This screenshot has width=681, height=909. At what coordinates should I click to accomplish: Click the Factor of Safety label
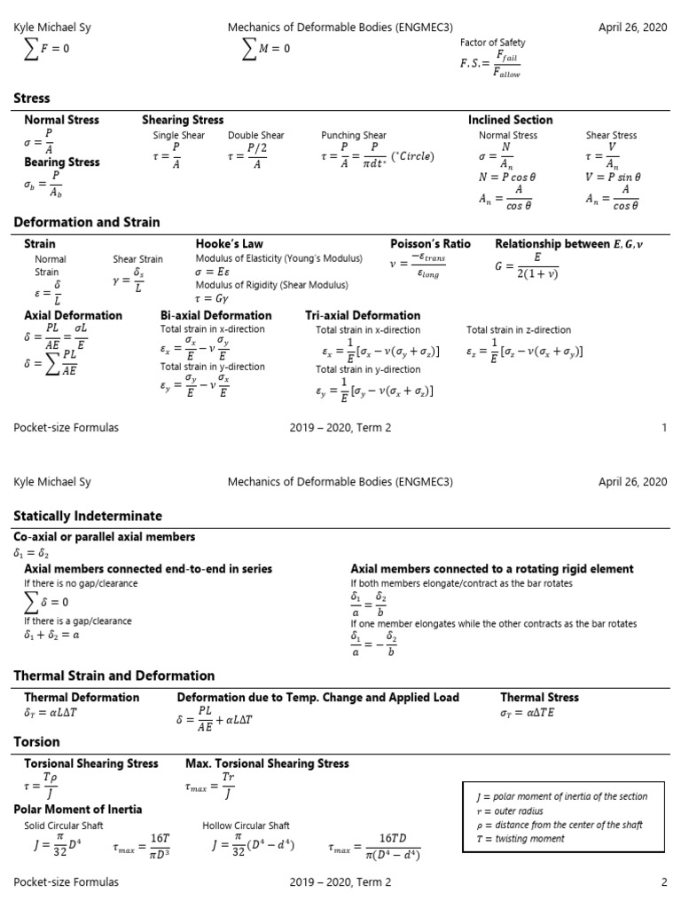pyautogui.click(x=492, y=43)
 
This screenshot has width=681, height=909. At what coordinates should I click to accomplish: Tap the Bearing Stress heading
pyautogui.click(x=62, y=162)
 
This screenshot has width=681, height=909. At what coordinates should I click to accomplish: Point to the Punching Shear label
pyautogui.click(x=354, y=136)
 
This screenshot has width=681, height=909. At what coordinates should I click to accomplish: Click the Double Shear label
pyautogui.click(x=256, y=136)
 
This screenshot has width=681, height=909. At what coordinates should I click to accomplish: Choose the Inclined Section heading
pyautogui.click(x=510, y=120)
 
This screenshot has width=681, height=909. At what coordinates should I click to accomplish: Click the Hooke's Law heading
pyautogui.click(x=229, y=243)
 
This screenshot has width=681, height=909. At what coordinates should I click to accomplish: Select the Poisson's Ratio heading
pyautogui.click(x=430, y=243)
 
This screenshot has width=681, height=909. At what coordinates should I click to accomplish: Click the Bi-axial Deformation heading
pyautogui.click(x=215, y=315)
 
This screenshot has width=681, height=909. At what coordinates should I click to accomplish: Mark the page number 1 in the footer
pyautogui.click(x=664, y=428)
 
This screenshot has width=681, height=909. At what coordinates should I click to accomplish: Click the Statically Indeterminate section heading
pyautogui.click(x=88, y=516)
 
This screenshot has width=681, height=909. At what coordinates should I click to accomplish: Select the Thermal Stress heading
pyautogui.click(x=539, y=698)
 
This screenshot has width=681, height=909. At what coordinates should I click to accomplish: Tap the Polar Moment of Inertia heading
pyautogui.click(x=78, y=810)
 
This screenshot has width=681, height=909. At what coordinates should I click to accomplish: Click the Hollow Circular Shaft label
pyautogui.click(x=246, y=826)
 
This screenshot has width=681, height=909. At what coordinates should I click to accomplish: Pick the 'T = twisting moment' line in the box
pyautogui.click(x=519, y=839)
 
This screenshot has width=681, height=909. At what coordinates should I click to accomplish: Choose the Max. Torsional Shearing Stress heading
pyautogui.click(x=267, y=763)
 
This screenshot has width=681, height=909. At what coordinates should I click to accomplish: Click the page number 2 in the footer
pyautogui.click(x=663, y=882)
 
